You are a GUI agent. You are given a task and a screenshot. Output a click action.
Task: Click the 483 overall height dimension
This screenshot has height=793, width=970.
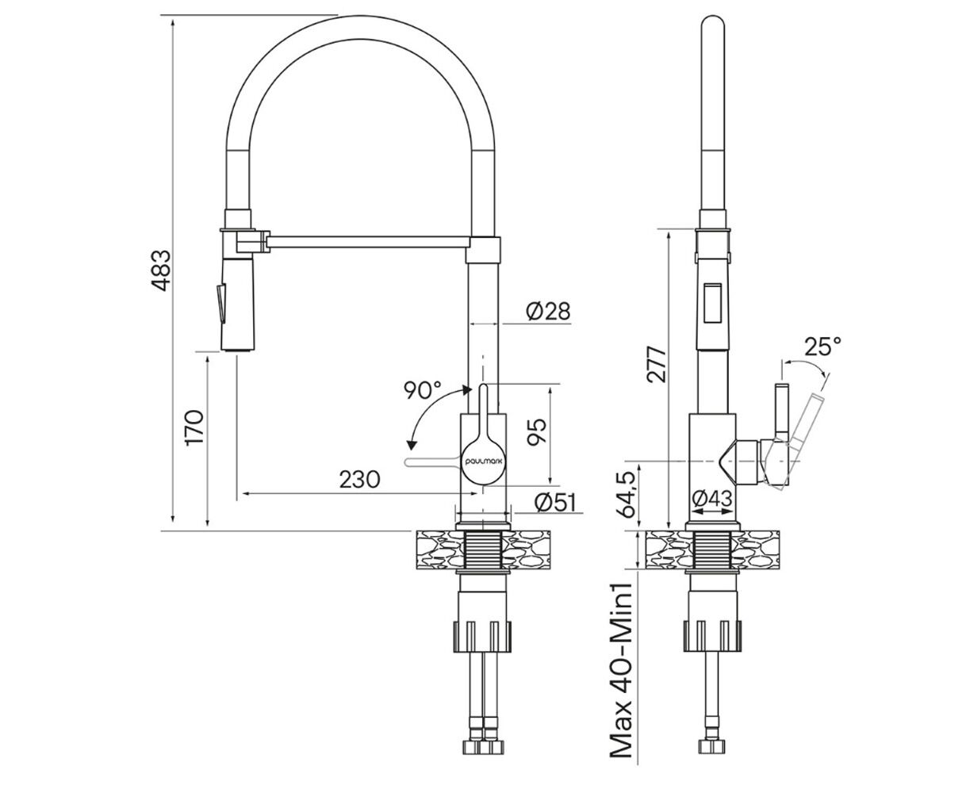point(162,270)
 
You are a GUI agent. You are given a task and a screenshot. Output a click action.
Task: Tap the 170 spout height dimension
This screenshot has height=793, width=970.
point(194,427)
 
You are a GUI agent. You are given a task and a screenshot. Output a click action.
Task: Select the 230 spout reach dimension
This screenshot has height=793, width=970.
point(359,479)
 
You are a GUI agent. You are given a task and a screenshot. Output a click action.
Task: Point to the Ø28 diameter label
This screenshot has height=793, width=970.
point(548,311)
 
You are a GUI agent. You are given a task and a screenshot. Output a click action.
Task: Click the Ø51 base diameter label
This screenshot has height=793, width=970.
point(556,502)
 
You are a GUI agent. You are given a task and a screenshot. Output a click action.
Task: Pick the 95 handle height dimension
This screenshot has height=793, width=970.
point(537,432)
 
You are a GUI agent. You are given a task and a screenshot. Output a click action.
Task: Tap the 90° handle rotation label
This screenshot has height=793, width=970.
point(423,390)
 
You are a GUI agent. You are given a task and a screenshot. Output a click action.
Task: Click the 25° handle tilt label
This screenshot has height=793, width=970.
point(822,347)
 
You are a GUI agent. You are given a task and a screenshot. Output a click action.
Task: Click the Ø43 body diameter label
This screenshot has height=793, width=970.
point(712,498)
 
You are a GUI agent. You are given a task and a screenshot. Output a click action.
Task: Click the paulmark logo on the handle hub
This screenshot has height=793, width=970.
point(483,462)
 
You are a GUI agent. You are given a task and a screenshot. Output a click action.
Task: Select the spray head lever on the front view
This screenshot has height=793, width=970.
point(221,304)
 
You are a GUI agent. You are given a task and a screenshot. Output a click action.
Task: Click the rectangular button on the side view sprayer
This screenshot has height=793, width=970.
point(712,304)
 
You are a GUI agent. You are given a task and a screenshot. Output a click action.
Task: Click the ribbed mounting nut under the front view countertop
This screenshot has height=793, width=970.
point(482,636)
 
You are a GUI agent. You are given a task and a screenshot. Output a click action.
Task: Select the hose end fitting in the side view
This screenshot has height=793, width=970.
point(711,734)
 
